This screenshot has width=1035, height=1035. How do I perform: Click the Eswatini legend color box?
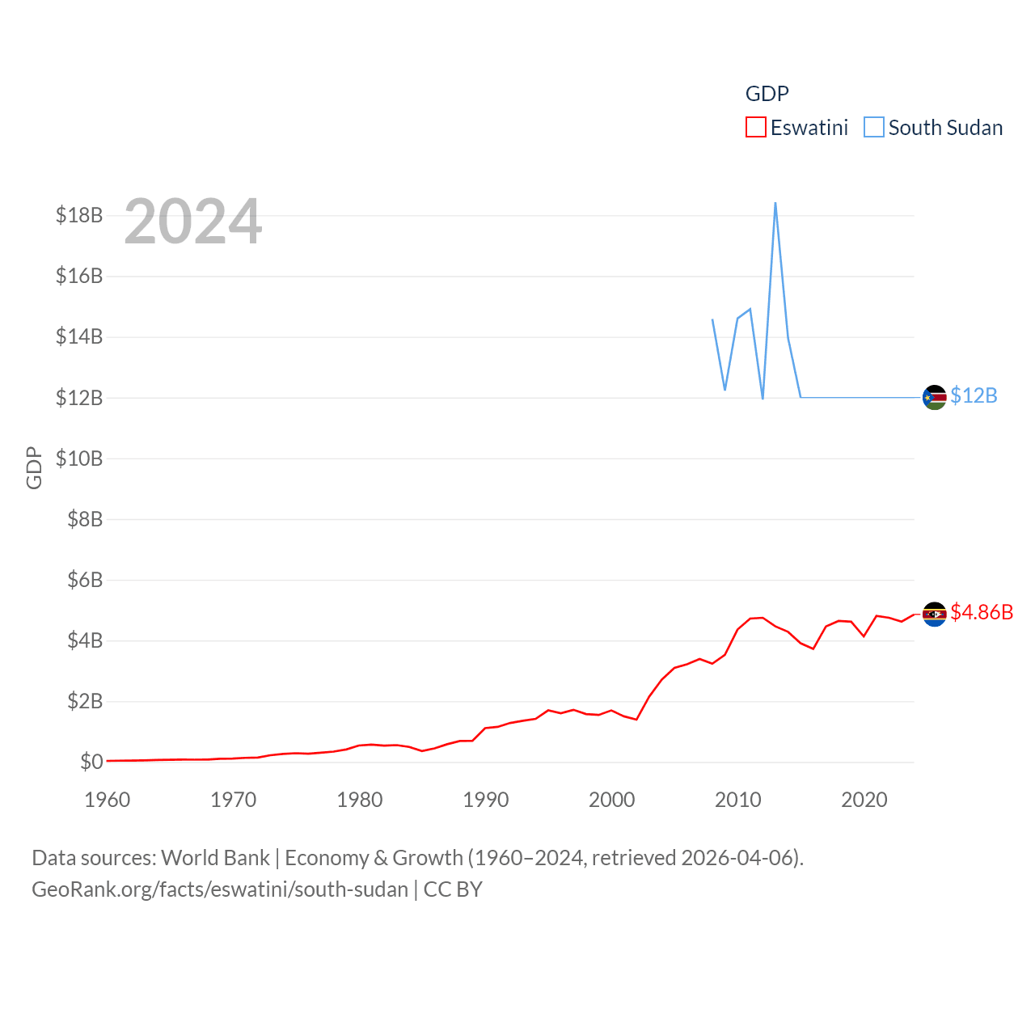click(755, 128)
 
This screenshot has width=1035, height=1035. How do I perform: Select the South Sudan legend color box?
click(874, 128)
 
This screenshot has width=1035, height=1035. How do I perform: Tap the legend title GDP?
click(767, 94)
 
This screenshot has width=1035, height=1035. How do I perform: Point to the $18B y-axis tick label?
click(79, 215)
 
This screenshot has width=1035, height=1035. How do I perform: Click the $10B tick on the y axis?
click(79, 458)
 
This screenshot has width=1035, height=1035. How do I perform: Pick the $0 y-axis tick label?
click(91, 762)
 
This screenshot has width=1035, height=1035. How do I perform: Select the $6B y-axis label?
click(85, 580)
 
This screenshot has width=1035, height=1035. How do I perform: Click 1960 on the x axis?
click(108, 800)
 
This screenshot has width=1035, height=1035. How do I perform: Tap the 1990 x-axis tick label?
click(486, 800)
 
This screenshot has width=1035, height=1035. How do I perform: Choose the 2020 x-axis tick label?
click(864, 800)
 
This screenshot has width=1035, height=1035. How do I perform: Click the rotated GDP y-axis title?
click(34, 467)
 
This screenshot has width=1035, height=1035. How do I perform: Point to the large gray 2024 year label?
click(193, 221)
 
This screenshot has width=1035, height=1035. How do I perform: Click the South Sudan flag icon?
click(934, 397)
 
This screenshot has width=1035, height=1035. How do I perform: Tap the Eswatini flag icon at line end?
click(934, 614)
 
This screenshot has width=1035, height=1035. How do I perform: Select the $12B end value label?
click(974, 395)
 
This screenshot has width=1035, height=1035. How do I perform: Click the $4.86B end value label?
click(982, 612)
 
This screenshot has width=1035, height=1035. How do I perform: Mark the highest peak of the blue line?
click(775, 203)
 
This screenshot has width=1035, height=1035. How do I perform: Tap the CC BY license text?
click(453, 889)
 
